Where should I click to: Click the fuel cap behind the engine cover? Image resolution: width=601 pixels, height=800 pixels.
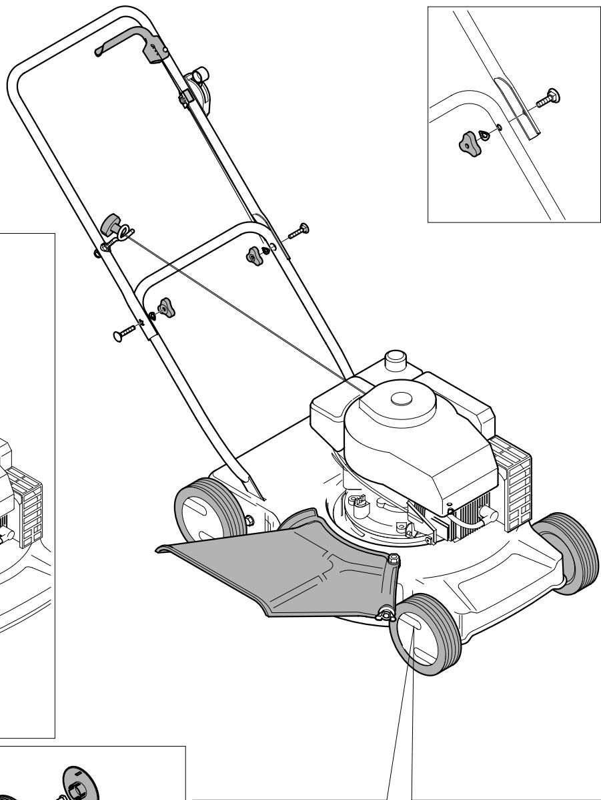click(396, 361)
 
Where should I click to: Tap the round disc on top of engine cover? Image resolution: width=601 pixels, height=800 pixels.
click(405, 398)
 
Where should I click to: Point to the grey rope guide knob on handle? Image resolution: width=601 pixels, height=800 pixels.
click(109, 224)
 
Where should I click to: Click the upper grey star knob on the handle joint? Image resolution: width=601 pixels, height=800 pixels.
click(255, 254)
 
